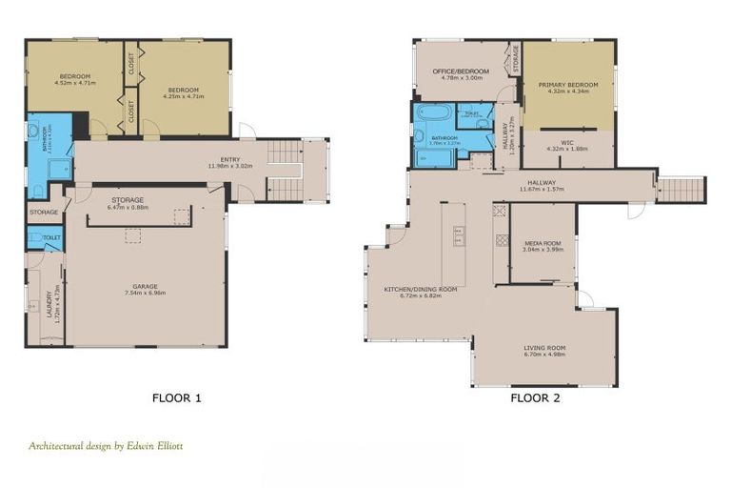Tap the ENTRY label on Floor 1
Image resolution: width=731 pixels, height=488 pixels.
[x=230, y=159]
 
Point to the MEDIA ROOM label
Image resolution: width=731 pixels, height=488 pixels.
[x=543, y=243]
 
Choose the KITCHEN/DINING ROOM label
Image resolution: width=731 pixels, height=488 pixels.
[x=421, y=288]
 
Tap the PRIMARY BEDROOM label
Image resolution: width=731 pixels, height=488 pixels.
[x=568, y=85]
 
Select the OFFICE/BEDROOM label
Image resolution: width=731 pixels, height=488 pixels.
[x=461, y=71]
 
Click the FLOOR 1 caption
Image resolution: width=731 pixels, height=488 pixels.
[x=177, y=397]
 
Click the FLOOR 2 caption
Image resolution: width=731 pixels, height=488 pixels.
[x=535, y=397]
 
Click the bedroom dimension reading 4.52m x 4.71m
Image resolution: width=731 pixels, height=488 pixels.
[x=74, y=83]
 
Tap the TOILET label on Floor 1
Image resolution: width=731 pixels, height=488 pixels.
[x=51, y=235]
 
